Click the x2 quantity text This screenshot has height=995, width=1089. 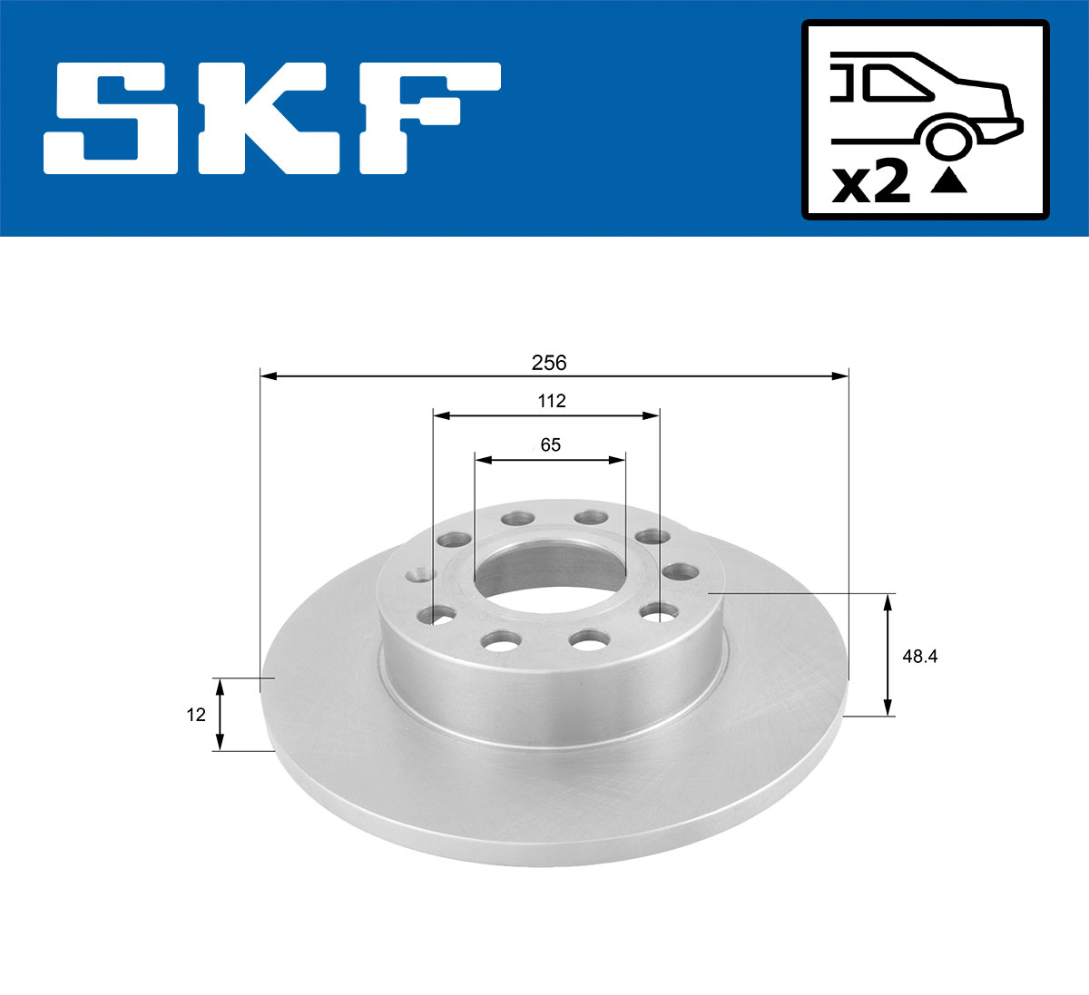[x=871, y=183]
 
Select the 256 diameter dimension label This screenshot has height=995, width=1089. [x=548, y=363]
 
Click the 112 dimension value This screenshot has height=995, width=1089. [x=551, y=401]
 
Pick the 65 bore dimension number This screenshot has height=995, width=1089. [x=550, y=444]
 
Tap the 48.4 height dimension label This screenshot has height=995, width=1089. [x=919, y=656]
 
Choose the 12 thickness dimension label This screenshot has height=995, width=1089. [x=195, y=715]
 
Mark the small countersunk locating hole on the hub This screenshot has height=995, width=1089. [x=420, y=574]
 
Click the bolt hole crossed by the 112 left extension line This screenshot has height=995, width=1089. [x=435, y=616]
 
